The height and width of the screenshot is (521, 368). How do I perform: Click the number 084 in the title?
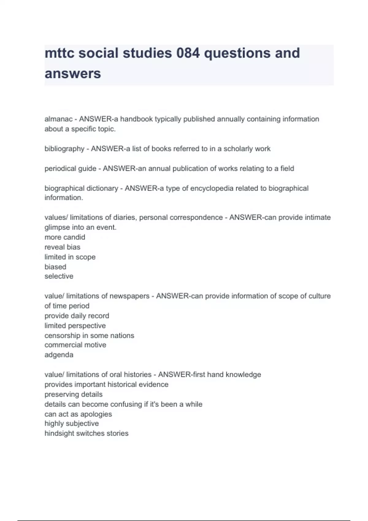pyautogui.click(x=188, y=53)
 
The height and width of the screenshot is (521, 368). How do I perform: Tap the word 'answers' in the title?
pyautogui.click(x=73, y=74)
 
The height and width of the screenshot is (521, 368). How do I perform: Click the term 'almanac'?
pyautogui.click(x=59, y=119)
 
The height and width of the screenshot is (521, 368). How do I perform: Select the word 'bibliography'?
pyautogui.click(x=64, y=149)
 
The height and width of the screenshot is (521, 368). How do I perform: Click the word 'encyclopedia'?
pyautogui.click(x=212, y=188)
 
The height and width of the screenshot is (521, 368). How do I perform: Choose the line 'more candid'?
pyautogui.click(x=65, y=237)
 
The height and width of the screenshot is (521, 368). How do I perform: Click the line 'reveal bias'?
pyautogui.click(x=62, y=247)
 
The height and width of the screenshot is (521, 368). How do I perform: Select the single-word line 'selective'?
pyautogui.click(x=59, y=276)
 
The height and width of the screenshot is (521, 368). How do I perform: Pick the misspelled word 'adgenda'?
pyautogui.click(x=59, y=355)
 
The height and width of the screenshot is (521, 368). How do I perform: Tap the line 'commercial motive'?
pyautogui.click(x=75, y=345)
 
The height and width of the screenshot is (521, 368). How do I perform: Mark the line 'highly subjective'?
pyautogui.click(x=71, y=424)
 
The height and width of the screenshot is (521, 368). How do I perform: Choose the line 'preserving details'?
pyautogui.click(x=73, y=394)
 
